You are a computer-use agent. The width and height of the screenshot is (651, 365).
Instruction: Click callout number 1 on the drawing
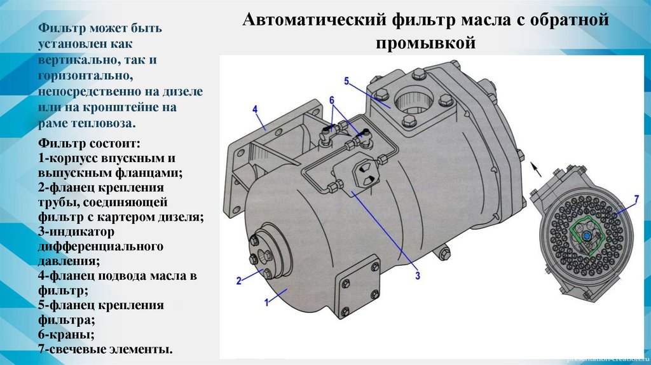[266, 302]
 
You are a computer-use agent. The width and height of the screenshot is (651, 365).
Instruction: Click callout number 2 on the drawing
[239, 280]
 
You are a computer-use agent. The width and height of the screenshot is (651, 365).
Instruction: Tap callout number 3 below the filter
[418, 275]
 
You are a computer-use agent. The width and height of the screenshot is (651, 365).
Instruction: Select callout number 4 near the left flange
[255, 109]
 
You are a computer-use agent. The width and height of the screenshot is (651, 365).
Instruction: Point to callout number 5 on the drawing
[346, 81]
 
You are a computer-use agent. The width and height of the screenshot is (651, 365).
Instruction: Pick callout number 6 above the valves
[332, 100]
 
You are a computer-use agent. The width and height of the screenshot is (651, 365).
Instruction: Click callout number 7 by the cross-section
[636, 199]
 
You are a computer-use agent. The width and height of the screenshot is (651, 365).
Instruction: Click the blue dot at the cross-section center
[586, 236]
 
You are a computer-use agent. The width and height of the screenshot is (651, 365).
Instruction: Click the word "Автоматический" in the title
[317, 20]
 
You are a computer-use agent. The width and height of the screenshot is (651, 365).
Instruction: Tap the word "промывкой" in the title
[425, 43]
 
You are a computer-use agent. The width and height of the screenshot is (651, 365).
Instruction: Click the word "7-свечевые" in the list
[71, 349]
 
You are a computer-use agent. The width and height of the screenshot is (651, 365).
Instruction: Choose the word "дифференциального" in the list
[100, 247]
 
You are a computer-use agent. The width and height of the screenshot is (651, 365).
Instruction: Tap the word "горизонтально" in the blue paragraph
[86, 76]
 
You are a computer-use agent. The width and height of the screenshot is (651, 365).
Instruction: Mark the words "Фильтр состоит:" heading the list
[89, 144]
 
